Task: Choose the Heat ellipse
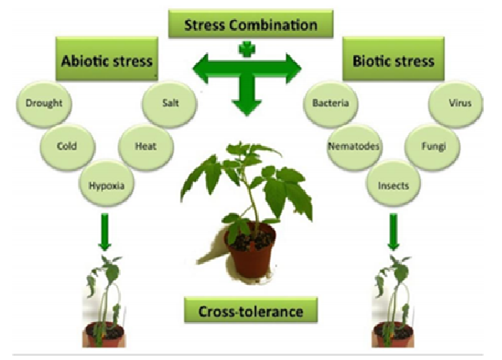(145, 144)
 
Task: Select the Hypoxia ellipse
(105, 184)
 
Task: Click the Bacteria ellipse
(331, 102)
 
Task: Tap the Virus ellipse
(454, 102)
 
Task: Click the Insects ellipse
(393, 185)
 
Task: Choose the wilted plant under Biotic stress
(393, 300)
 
